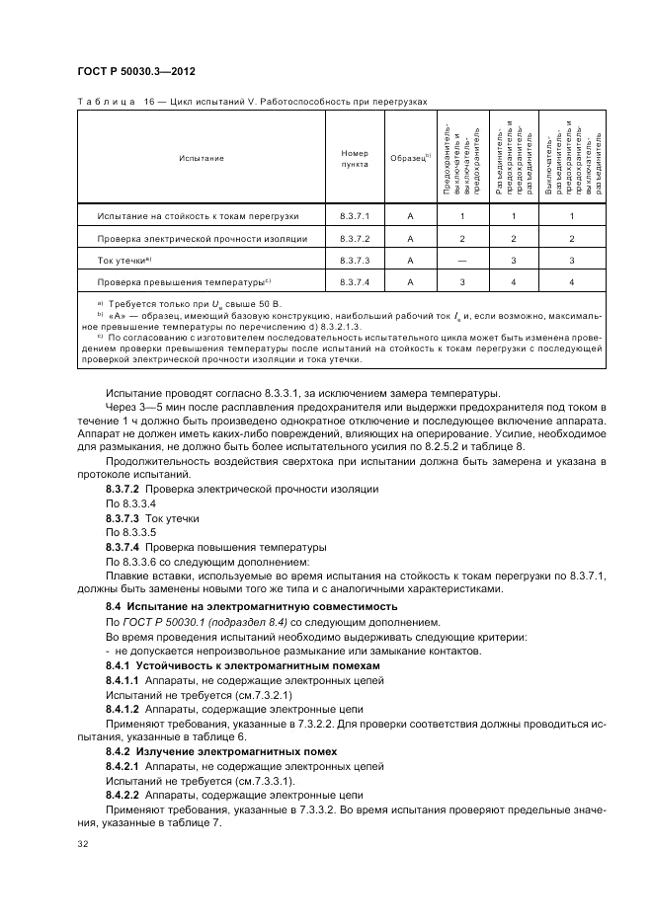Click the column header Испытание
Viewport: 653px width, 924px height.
pos(201,158)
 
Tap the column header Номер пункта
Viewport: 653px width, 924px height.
pos(354,158)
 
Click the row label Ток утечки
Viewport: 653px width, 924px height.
pos(123,260)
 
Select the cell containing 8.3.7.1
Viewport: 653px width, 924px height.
pos(354,215)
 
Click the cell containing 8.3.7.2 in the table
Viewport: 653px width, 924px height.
pos(354,238)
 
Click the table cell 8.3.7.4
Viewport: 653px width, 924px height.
pos(354,281)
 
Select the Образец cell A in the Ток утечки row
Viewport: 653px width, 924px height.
pos(408,260)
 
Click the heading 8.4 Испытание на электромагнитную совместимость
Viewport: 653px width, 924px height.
pos(251,606)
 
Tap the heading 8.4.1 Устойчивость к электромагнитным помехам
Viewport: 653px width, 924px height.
pos(243,666)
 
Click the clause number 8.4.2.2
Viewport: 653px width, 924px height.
pos(122,794)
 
